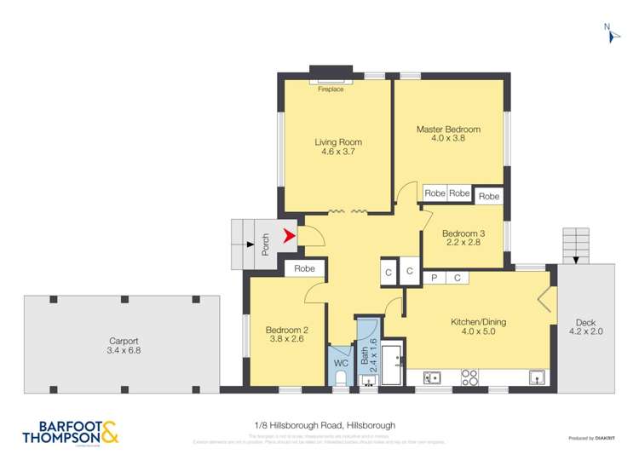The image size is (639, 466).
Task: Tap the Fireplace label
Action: coord(331,89)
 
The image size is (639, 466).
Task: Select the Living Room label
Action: coord(337,147)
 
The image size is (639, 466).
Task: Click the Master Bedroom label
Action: coord(448,135)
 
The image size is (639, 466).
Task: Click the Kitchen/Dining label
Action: coord(478,326)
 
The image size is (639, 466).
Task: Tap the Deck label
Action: coord(585,327)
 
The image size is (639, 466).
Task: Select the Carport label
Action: coord(123,343)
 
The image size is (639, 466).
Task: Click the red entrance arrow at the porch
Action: coord(290,237)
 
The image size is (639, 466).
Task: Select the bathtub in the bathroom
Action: coord(393,366)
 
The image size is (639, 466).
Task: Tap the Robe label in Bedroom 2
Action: coord(305,268)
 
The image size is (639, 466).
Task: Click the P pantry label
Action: coord(434,278)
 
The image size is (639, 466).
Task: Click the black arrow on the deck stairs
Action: coord(575,258)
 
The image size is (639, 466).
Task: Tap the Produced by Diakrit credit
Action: coord(593,438)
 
